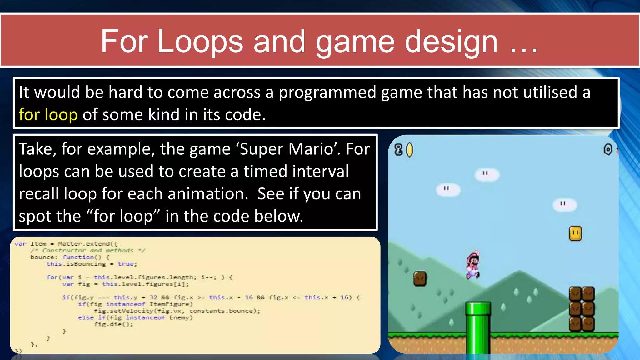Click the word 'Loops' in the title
pos(200,42)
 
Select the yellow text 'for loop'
pos(48,114)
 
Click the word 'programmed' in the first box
pos(327,92)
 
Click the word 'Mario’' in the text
pos(315,149)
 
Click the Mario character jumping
pos(473,265)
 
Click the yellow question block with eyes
pos(575,233)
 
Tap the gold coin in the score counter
pos(409,150)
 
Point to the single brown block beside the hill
pos(420,278)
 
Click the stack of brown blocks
pos(582,309)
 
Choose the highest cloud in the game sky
pos(487,174)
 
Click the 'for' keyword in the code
pos(52,277)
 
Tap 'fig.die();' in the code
pos(113,324)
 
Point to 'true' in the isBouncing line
pos(126,264)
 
